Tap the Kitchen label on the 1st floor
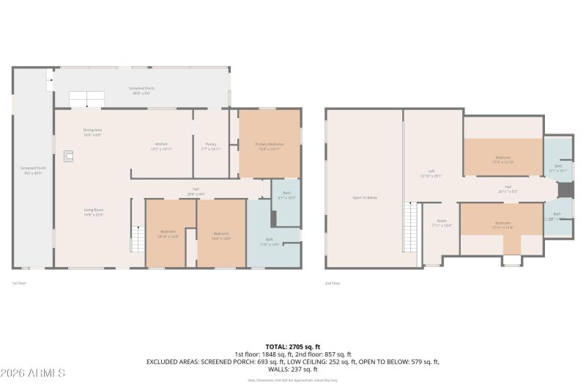(161, 145)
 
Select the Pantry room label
(211, 145)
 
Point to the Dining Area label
(92, 132)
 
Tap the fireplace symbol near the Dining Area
(68, 156)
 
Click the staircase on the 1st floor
(136, 239)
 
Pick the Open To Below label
(364, 197)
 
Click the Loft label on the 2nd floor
(431, 173)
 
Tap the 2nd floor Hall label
(507, 189)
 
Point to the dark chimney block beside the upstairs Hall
(564, 189)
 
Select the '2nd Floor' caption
(332, 282)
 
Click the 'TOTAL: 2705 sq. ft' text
(292, 346)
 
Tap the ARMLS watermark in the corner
(33, 373)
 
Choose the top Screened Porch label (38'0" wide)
(141, 90)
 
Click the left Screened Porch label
(31, 170)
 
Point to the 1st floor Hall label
(196, 191)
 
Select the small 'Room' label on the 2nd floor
(442, 222)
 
